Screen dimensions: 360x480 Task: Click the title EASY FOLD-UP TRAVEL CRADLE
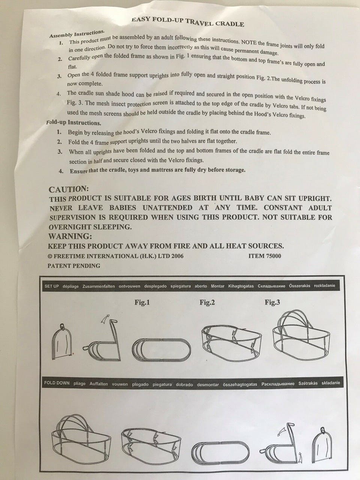tap(188, 21)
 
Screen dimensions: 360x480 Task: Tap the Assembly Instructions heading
tap(77, 34)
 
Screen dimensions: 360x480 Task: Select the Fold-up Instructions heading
tap(73, 123)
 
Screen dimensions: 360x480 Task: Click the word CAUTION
tap(69, 189)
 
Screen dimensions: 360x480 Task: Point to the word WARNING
tap(70, 236)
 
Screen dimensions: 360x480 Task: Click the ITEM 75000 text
tap(265, 256)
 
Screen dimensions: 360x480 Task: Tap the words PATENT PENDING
tap(74, 266)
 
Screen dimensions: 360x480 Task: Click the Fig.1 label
tap(142, 302)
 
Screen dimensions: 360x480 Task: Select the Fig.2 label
tap(207, 302)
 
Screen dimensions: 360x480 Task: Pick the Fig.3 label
tap(272, 302)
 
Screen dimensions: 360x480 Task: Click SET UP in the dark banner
tap(52, 286)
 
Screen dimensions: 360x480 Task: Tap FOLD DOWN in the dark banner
tap(57, 383)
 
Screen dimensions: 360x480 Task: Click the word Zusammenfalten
tap(99, 286)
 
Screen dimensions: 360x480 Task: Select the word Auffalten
tap(99, 384)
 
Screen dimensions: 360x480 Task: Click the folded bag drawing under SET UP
tap(62, 342)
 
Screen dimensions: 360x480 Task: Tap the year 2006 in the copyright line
tap(177, 256)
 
